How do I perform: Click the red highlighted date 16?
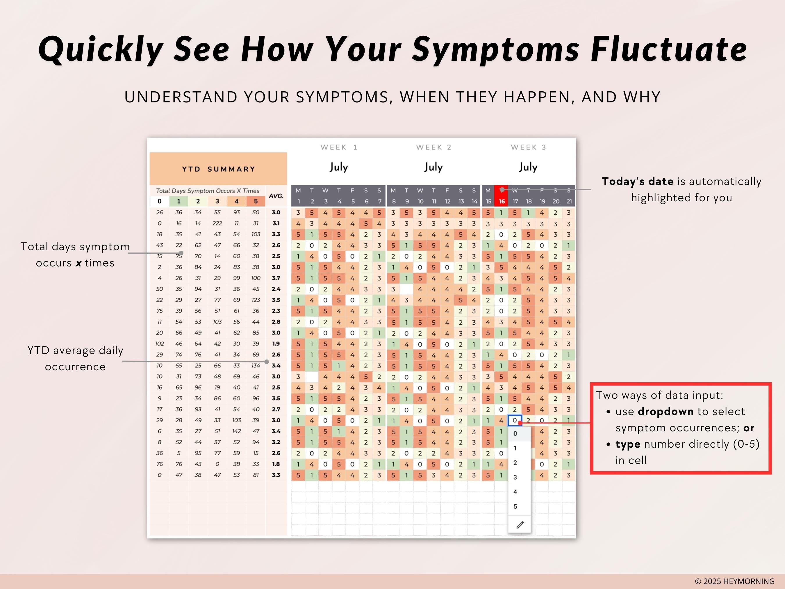502,201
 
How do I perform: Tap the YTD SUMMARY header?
218,169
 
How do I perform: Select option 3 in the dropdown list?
515,477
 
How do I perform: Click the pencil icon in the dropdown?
520,525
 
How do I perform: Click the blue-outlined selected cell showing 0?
515,420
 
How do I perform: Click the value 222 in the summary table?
217,223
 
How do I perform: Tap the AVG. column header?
276,196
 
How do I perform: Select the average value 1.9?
276,344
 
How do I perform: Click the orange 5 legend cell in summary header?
256,201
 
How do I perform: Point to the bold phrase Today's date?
637,181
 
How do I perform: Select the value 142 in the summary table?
236,431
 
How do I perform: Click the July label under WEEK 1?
338,167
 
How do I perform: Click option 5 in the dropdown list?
515,507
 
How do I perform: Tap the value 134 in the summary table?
256,366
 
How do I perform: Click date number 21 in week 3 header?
569,201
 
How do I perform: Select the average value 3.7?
276,278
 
